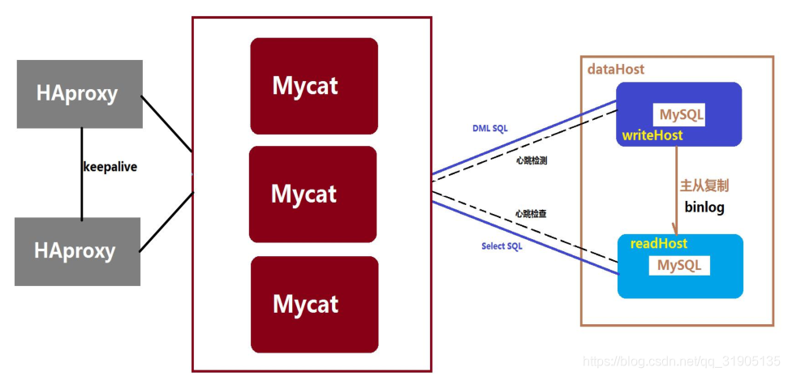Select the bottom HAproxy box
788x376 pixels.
click(x=77, y=251)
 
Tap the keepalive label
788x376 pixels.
click(x=110, y=167)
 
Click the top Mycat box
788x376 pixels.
click(x=313, y=86)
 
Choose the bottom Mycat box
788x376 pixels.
click(x=314, y=304)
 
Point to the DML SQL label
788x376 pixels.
click(x=489, y=129)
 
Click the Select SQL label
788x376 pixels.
click(x=502, y=246)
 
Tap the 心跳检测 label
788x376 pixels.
click(x=532, y=161)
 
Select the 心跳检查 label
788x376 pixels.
click(x=531, y=214)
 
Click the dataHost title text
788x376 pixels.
click(x=616, y=70)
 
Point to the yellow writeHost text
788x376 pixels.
click(x=652, y=135)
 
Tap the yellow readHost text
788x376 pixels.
click(x=659, y=244)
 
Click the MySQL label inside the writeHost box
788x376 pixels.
click(x=681, y=115)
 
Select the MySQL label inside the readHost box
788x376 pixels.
click(x=679, y=265)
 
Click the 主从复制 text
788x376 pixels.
click(x=704, y=186)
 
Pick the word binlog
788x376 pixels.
click(x=704, y=207)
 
